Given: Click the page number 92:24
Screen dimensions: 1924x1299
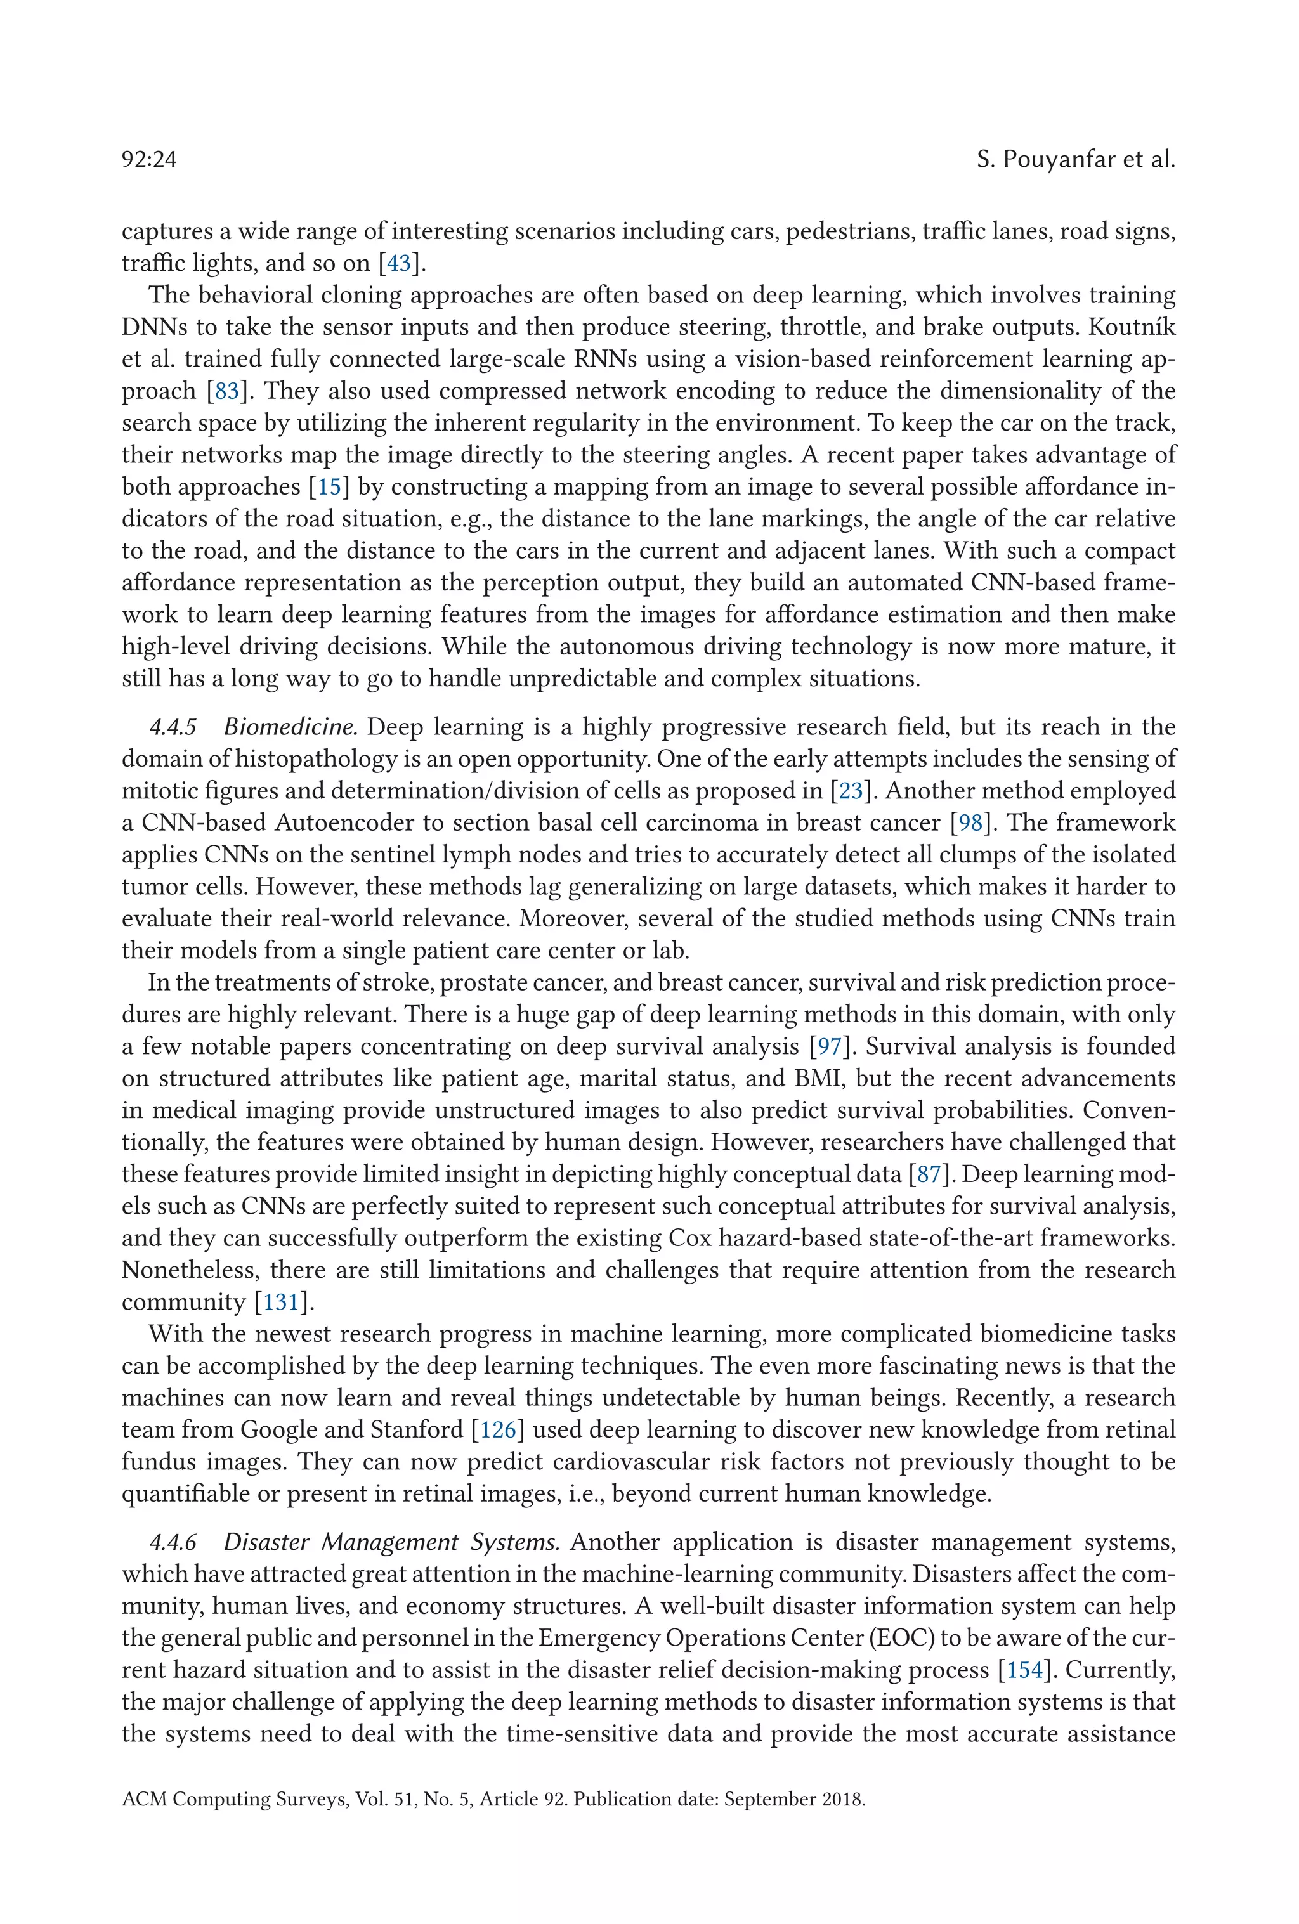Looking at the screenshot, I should pos(149,159).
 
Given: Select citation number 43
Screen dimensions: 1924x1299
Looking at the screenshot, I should pos(399,263).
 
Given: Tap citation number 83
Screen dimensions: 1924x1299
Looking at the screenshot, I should pos(226,391).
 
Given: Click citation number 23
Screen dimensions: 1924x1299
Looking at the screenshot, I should pos(851,791).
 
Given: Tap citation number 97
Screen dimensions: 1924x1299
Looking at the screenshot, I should pos(829,1046).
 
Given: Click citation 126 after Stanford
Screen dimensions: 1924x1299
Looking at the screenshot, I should pos(499,1430).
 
